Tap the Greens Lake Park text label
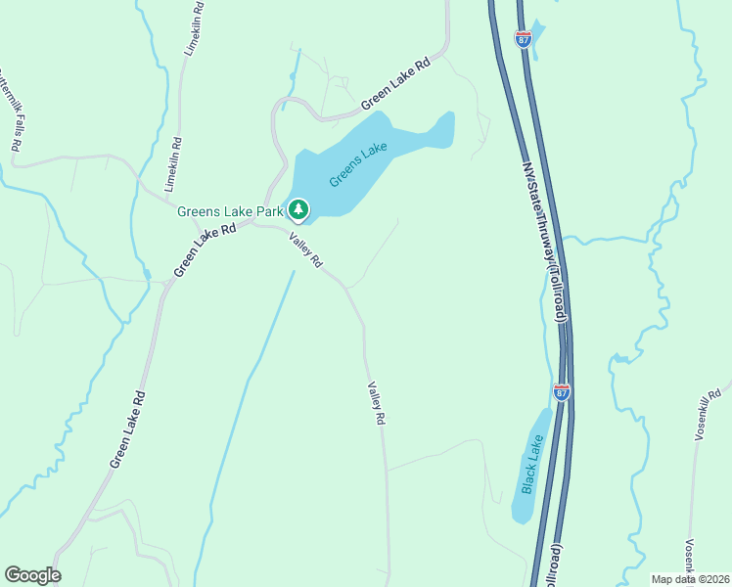pos(230,210)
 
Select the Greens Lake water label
pos(358,164)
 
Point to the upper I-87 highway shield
pos(524,39)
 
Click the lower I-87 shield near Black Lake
pos(561,392)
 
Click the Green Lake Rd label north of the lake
pos(395,84)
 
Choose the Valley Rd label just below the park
pos(304,249)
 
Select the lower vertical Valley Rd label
pos(376,403)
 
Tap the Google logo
pos(32,575)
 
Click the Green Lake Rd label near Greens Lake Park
pos(206,250)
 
